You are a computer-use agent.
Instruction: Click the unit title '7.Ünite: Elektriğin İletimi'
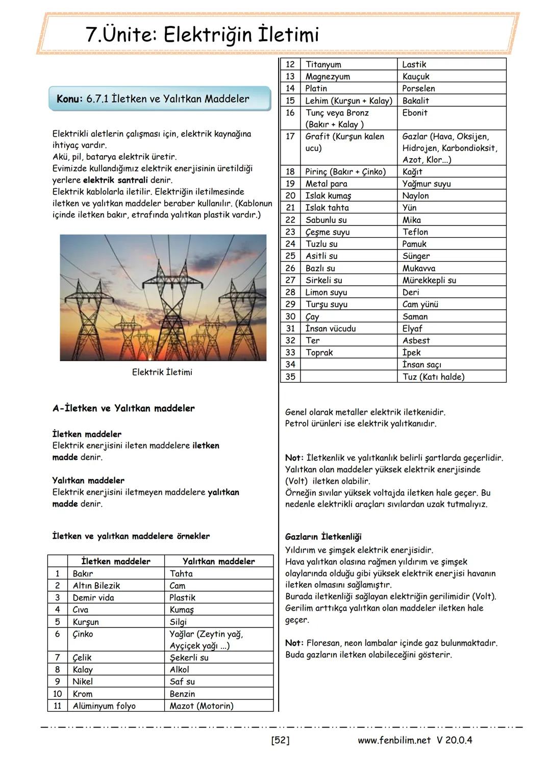(203, 35)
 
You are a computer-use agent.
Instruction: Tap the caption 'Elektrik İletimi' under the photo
(162, 372)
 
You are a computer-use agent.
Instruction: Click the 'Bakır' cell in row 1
(83, 573)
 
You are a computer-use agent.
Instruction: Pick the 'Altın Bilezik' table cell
(96, 586)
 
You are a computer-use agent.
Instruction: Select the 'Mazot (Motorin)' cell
(201, 706)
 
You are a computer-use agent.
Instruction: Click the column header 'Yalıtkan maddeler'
(218, 561)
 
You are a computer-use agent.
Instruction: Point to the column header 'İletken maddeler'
(116, 561)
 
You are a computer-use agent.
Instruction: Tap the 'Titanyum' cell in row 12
(323, 64)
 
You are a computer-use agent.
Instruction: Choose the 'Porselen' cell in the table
(418, 88)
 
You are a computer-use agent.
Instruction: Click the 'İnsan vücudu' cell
(330, 329)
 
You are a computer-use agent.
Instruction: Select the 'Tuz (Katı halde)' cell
(433, 377)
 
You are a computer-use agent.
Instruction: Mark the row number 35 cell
(290, 377)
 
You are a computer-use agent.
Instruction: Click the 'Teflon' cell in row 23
(415, 232)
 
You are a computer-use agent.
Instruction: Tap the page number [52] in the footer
(280, 740)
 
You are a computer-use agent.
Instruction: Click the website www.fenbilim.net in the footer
(394, 740)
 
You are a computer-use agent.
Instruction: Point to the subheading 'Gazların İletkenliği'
(323, 537)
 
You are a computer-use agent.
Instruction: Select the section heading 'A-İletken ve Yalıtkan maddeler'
(123, 408)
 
